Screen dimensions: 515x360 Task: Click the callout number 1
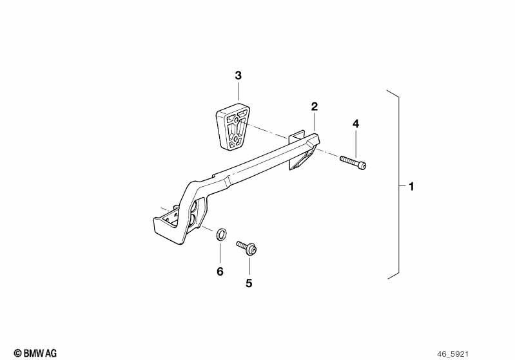click(411, 187)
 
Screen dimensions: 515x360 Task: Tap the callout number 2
click(315, 107)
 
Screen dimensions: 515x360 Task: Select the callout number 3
click(238, 75)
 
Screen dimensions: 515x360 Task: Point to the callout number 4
click(356, 124)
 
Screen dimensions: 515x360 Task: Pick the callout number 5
click(249, 283)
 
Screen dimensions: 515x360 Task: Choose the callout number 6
click(220, 271)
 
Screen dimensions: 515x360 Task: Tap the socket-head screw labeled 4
click(353, 162)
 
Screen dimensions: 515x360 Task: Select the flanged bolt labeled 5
click(247, 248)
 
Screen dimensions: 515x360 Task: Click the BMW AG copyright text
click(35, 353)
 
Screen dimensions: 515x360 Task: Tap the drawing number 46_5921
click(452, 354)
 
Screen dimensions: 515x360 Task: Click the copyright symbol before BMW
click(18, 354)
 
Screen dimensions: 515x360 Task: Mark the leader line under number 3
click(238, 91)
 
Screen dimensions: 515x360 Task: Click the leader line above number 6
click(220, 252)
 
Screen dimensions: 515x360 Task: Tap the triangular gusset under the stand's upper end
click(300, 160)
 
